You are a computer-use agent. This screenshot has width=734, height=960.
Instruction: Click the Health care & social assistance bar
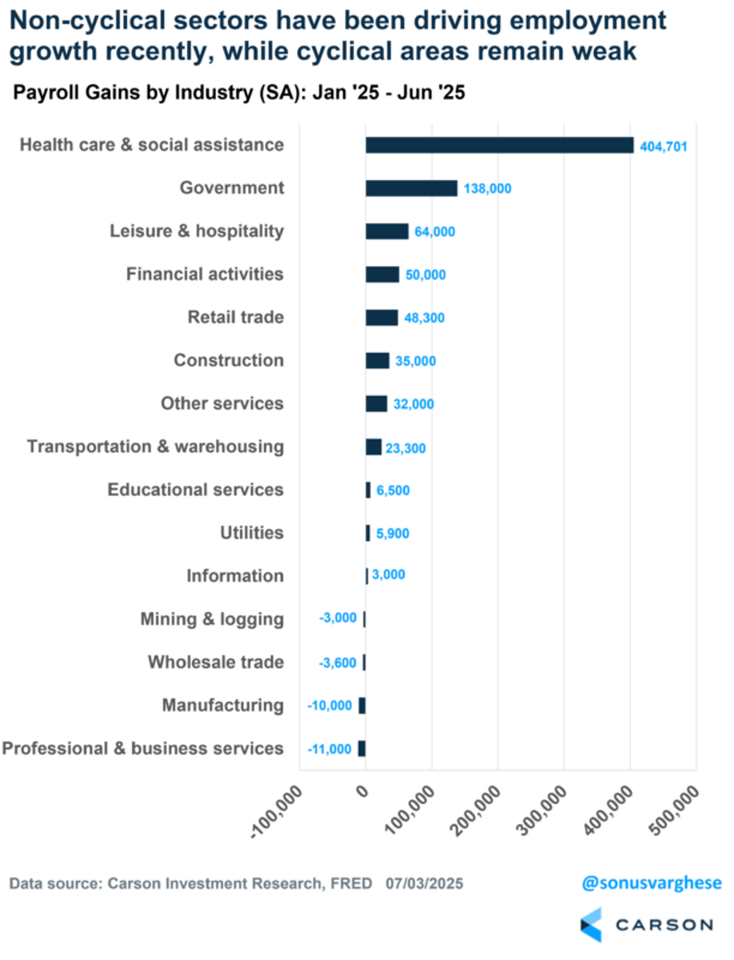click(499, 145)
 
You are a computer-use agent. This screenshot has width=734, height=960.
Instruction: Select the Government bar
click(411, 188)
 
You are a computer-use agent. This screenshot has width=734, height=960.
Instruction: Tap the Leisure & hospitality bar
click(387, 231)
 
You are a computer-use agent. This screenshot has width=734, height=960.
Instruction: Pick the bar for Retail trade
click(381, 318)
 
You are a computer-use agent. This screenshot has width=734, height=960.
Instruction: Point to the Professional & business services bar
click(362, 749)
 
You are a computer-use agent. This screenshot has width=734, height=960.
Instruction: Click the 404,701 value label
click(664, 146)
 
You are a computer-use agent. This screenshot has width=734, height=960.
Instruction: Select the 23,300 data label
click(407, 449)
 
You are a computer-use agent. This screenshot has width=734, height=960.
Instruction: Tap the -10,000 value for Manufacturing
click(329, 706)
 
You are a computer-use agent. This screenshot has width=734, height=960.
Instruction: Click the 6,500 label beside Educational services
click(393, 491)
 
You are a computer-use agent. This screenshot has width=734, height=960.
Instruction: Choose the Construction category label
click(229, 361)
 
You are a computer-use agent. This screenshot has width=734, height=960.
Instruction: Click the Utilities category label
click(251, 533)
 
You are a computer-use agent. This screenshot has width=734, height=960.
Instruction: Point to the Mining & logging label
click(212, 619)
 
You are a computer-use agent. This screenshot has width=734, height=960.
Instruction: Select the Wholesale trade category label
click(216, 662)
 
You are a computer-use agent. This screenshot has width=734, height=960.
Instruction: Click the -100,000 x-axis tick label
click(280, 810)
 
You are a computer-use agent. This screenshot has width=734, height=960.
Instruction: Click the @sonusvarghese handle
click(650, 884)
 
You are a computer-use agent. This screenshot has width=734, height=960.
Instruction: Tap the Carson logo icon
click(591, 925)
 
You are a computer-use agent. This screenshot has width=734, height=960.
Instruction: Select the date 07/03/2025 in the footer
click(424, 884)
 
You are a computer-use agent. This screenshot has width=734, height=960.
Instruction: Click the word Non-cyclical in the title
click(84, 21)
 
